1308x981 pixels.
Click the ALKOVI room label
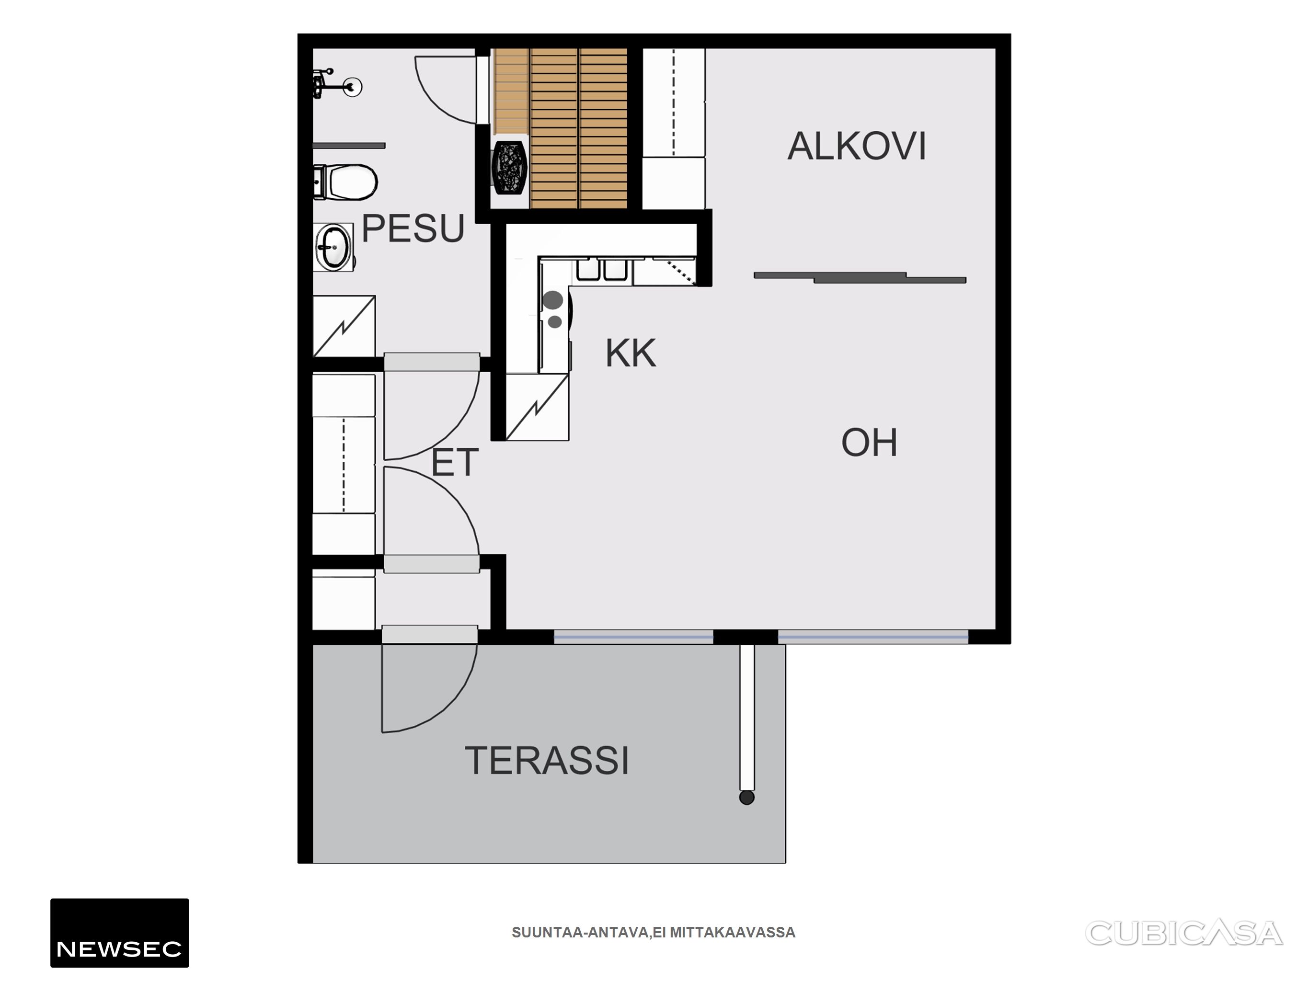click(856, 146)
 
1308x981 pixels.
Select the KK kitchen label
click(631, 354)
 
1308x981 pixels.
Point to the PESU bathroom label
click(413, 228)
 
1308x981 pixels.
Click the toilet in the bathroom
click(345, 182)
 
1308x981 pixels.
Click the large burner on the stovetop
click(553, 300)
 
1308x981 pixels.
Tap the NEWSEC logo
click(119, 933)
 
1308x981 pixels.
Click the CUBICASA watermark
click(1184, 933)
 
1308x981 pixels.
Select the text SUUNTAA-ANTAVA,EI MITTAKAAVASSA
click(654, 933)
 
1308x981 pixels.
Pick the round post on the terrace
click(747, 798)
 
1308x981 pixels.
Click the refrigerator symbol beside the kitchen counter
click(537, 408)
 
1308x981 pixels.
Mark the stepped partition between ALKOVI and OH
click(860, 277)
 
